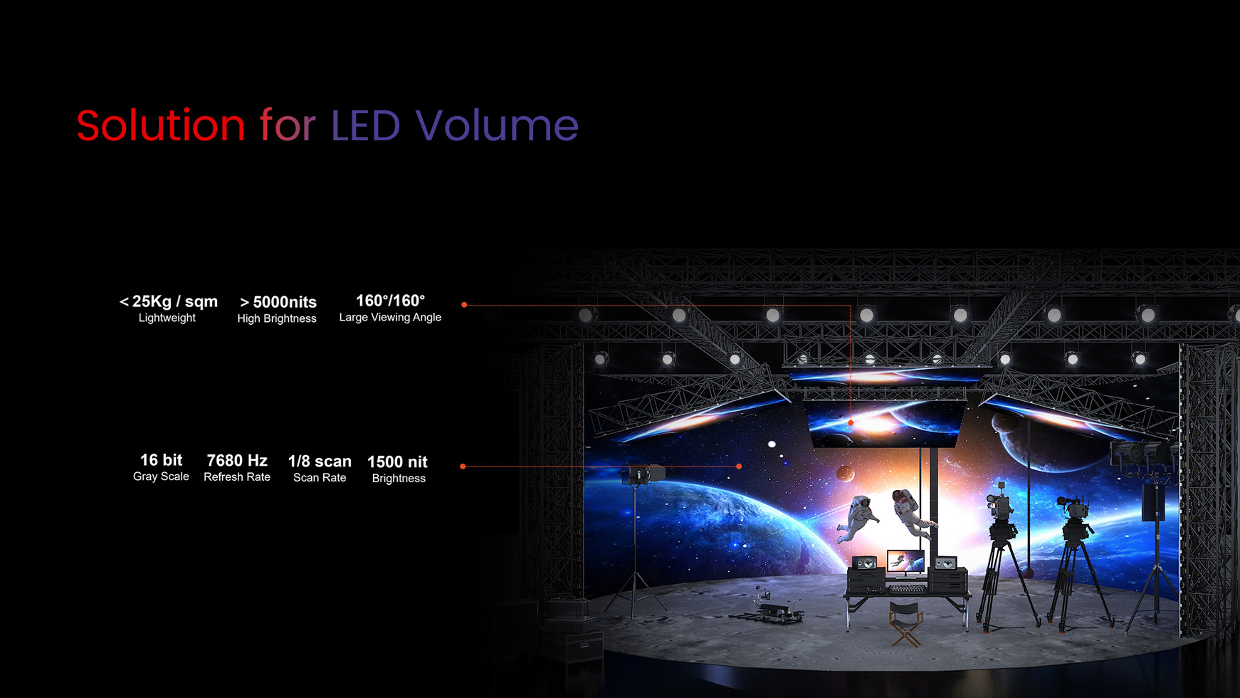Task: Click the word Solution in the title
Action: [x=161, y=125]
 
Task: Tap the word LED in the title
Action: [x=366, y=125]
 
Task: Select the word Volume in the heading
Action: [x=497, y=125]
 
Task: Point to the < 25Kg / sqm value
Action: [x=169, y=301]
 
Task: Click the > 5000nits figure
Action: [x=278, y=302]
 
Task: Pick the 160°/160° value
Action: [x=390, y=301]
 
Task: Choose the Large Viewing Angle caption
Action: [x=390, y=318]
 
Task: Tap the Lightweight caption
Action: [x=167, y=318]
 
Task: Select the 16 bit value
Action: [x=161, y=460]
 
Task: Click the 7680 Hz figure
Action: [x=237, y=461]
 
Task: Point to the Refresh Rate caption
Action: [x=237, y=477]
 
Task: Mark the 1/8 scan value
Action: [x=320, y=462]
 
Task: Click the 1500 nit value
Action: [x=397, y=462]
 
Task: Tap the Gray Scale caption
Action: [x=161, y=476]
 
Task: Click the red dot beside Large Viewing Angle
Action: [x=464, y=305]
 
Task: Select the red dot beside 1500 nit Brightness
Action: [x=463, y=467]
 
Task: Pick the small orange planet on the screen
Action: [x=845, y=473]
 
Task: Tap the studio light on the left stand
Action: [x=644, y=473]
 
